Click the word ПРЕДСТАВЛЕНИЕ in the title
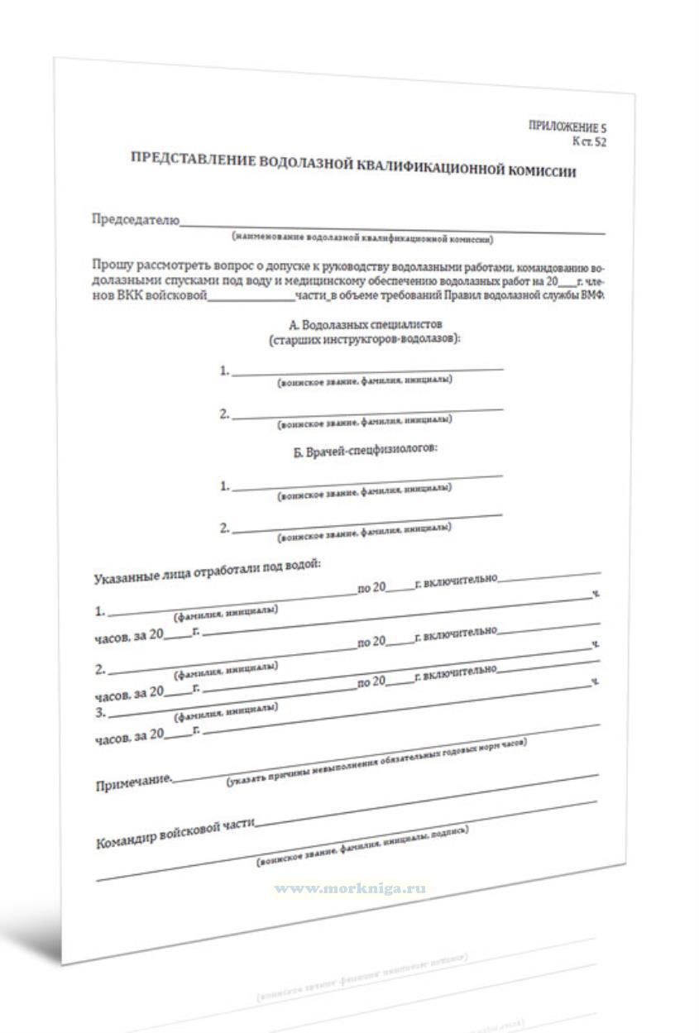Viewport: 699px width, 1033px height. point(193,160)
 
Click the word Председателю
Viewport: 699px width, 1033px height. point(135,220)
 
